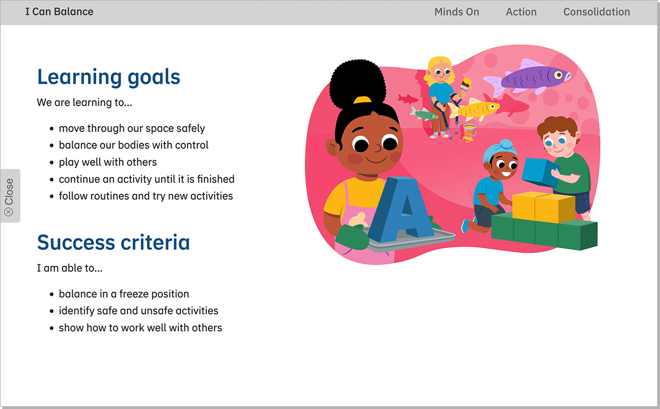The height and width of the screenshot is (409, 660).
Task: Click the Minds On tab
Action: [457, 12]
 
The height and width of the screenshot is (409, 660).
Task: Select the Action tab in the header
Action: [521, 12]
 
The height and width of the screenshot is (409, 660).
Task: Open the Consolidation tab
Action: [597, 12]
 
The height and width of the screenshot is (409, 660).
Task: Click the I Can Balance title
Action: [59, 12]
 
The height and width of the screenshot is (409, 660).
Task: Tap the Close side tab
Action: [10, 195]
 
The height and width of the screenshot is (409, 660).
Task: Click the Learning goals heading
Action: [108, 77]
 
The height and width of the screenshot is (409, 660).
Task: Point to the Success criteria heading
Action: [113, 242]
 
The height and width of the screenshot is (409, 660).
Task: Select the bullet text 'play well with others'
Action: [108, 162]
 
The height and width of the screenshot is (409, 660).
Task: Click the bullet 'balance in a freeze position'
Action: [124, 294]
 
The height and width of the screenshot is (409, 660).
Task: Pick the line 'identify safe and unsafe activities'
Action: [139, 310]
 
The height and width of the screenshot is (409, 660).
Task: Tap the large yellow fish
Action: [474, 110]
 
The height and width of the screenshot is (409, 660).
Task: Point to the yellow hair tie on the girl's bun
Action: [362, 100]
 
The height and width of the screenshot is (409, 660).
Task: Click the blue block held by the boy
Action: [540, 172]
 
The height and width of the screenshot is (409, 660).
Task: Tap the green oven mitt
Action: [353, 237]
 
